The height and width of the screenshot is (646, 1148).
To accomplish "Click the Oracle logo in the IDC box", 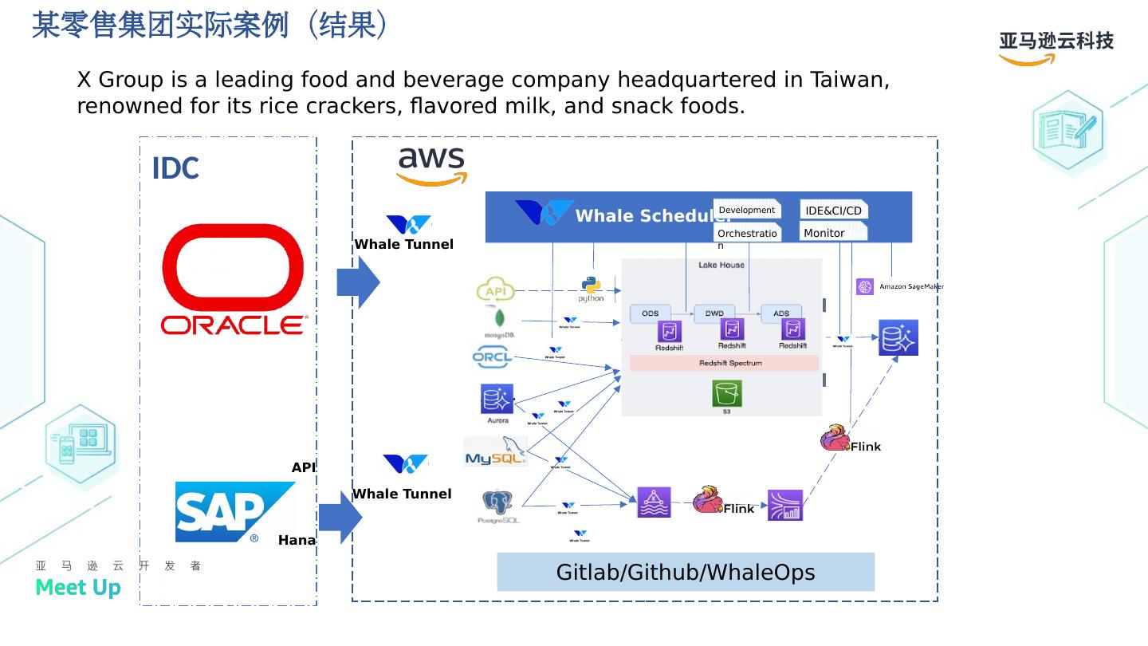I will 233,278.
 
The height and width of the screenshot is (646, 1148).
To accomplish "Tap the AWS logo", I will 431,166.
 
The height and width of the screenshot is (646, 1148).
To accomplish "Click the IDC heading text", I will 175,169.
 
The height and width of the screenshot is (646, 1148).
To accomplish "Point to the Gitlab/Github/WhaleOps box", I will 686,572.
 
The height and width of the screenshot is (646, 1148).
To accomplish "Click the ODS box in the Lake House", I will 651,313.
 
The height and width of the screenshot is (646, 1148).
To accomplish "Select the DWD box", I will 714,313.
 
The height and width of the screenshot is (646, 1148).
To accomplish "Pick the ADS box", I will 781,313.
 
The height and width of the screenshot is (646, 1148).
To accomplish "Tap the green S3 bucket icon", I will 727,394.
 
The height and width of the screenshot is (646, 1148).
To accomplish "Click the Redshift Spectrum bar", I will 724,363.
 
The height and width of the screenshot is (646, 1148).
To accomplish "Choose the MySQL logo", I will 495,452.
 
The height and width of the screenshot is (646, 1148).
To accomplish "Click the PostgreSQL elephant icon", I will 497,502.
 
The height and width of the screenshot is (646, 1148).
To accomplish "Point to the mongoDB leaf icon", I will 500,319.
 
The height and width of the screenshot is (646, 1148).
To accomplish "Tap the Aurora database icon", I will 497,399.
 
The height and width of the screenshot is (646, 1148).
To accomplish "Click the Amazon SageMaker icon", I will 865,286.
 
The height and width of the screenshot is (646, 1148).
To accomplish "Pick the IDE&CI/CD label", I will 833,211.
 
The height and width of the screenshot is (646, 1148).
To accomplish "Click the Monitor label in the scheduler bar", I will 824,233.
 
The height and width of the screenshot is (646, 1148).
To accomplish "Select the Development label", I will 746,210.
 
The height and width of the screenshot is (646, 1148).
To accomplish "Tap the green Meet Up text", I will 78,588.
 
